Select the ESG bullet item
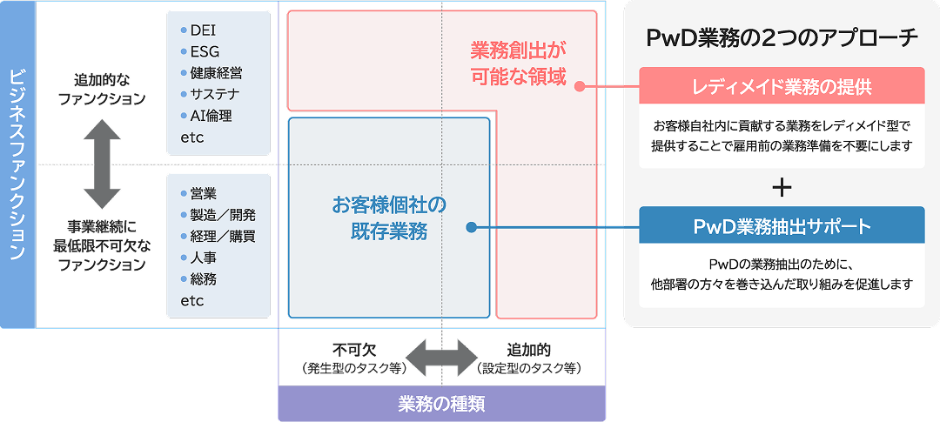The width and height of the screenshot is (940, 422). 204,51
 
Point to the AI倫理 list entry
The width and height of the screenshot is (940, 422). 210,116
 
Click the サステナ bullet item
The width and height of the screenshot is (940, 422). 214,94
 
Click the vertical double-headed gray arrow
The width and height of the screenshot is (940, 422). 102,163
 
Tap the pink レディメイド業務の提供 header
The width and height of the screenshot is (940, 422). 782,86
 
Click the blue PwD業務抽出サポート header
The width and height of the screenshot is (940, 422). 782,226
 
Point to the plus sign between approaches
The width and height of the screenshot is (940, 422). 782,187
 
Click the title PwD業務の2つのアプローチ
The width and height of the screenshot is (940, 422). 782,37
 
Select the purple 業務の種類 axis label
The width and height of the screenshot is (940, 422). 441,404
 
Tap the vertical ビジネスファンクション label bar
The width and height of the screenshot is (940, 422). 17,164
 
